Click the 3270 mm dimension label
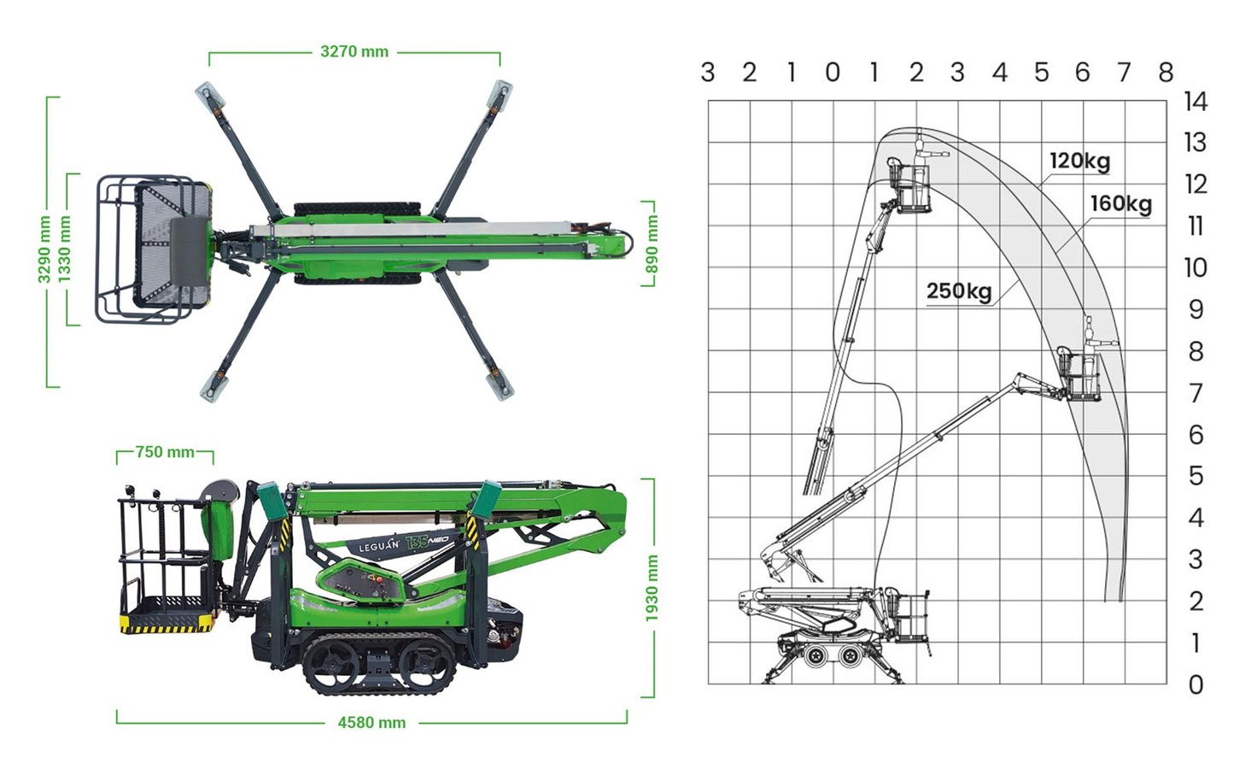click(x=354, y=51)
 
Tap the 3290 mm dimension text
click(x=44, y=249)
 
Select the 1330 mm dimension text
click(x=65, y=249)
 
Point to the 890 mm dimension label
click(x=652, y=244)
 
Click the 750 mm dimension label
click(x=165, y=452)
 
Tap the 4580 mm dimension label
click(x=371, y=723)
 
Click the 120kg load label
click(x=1079, y=161)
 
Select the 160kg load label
click(x=1120, y=204)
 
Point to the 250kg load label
click(x=958, y=291)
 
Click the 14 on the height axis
click(x=1195, y=102)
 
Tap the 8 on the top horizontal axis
click(x=1166, y=73)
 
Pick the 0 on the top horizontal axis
click(x=833, y=73)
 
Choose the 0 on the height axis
click(x=1195, y=684)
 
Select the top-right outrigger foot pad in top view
click(x=500, y=92)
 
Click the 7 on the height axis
click(x=1195, y=393)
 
